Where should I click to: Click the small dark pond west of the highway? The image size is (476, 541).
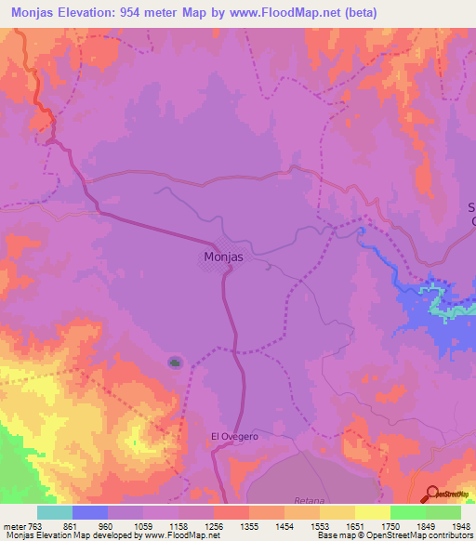pos(175,362)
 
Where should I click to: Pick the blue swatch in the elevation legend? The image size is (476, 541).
pos(90,512)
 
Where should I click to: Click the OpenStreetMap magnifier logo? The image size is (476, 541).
pos(433,494)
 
